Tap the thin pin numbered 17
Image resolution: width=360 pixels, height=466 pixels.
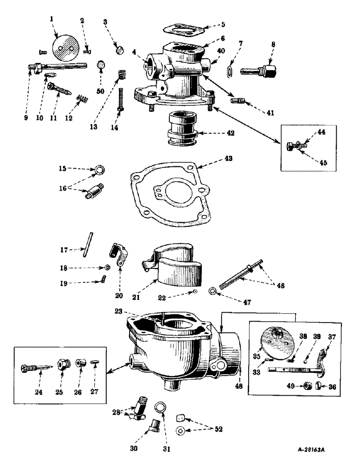(88, 245)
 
